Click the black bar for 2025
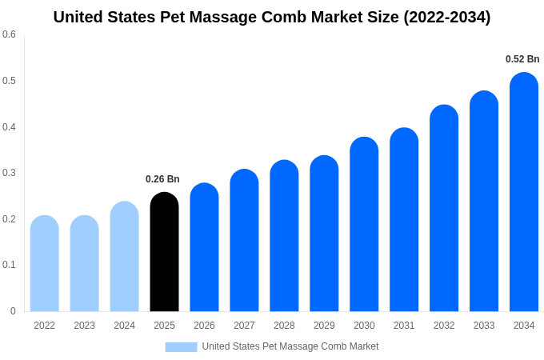click(164, 252)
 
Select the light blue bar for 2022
click(44, 264)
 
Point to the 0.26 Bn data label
click(162, 179)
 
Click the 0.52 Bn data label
click(522, 59)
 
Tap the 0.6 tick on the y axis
click(9, 34)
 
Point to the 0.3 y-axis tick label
click(9, 173)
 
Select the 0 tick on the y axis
click(13, 311)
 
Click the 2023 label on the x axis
click(84, 326)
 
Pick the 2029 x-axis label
click(324, 326)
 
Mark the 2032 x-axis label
click(444, 326)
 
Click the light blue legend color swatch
click(181, 346)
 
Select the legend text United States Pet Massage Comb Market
click(290, 346)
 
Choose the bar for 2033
click(484, 202)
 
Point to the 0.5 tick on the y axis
click(9, 81)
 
